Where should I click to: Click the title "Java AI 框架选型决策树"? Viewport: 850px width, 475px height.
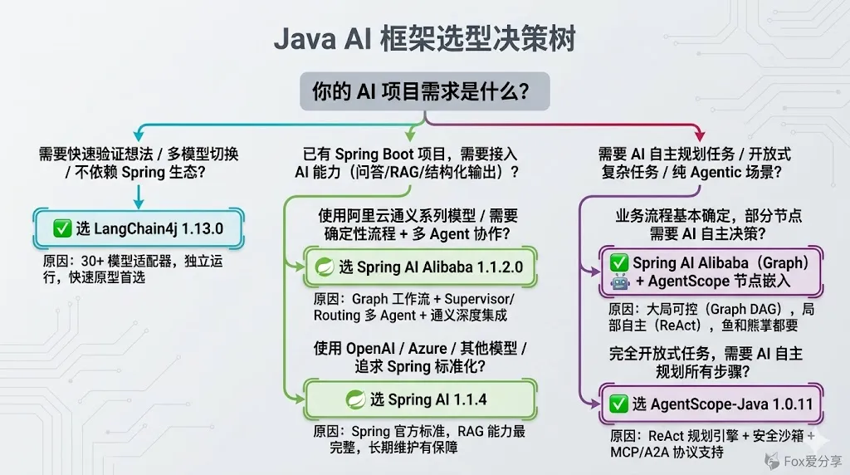(424, 39)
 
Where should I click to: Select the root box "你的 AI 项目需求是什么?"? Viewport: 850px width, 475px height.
(424, 91)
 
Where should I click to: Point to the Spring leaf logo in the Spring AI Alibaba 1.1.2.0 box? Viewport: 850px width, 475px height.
(324, 267)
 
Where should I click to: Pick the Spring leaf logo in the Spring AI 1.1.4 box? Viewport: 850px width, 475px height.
(356, 399)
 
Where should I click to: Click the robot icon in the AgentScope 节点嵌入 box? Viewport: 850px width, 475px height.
(619, 282)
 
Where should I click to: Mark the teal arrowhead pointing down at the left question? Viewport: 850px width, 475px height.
(138, 135)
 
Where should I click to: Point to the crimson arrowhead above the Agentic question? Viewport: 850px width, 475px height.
(699, 135)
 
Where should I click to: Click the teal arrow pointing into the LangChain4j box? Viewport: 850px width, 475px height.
(139, 199)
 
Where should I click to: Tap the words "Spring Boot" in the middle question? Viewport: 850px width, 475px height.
(374, 154)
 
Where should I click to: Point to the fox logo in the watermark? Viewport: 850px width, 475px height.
(772, 458)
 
